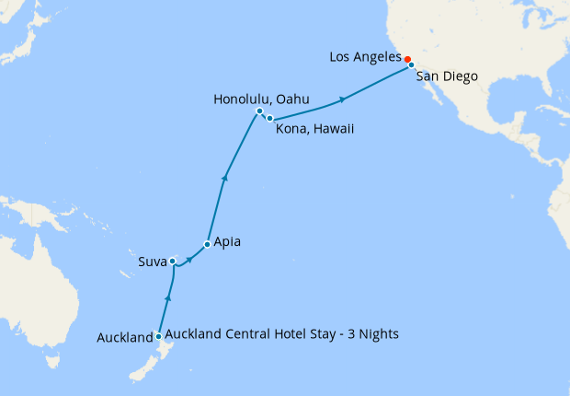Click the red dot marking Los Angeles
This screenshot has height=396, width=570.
[x=407, y=59]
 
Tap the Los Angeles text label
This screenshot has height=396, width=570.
[x=364, y=58]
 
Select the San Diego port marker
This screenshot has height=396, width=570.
[x=411, y=65]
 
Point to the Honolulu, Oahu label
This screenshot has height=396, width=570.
[x=260, y=99]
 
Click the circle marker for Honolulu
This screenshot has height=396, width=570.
[x=259, y=111]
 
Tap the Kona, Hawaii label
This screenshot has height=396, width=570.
[x=315, y=129]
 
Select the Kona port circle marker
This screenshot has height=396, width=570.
[x=269, y=119]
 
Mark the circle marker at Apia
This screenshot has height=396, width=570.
[x=207, y=245]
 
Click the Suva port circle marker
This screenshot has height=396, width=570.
[x=173, y=262]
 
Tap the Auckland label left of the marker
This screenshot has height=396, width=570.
[x=124, y=338]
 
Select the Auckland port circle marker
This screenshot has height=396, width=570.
[x=159, y=336]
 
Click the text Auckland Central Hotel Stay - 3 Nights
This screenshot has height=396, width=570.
[x=282, y=333]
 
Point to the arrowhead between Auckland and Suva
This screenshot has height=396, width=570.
[x=167, y=297]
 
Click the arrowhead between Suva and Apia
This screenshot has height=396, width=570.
[x=189, y=259]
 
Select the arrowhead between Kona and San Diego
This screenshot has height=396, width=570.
[x=342, y=99]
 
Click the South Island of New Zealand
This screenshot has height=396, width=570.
[x=138, y=373]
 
